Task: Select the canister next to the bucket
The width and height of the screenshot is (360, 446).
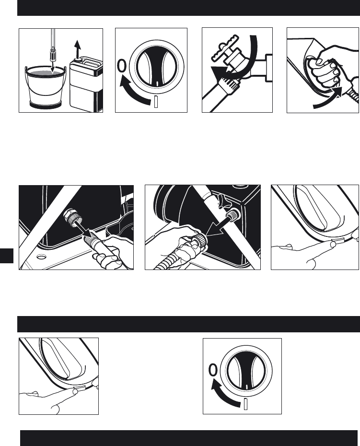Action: tap(86, 84)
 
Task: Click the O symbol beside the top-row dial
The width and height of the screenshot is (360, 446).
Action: tap(122, 66)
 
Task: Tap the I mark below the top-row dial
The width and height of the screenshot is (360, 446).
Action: tap(156, 102)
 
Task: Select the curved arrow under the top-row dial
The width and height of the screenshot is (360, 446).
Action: tap(134, 92)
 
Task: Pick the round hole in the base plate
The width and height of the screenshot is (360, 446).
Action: tap(42, 257)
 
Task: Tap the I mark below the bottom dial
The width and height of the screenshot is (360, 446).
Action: tap(246, 404)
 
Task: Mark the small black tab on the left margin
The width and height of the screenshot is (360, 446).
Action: tap(7, 256)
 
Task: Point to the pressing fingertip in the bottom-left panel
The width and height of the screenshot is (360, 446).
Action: tap(75, 391)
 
